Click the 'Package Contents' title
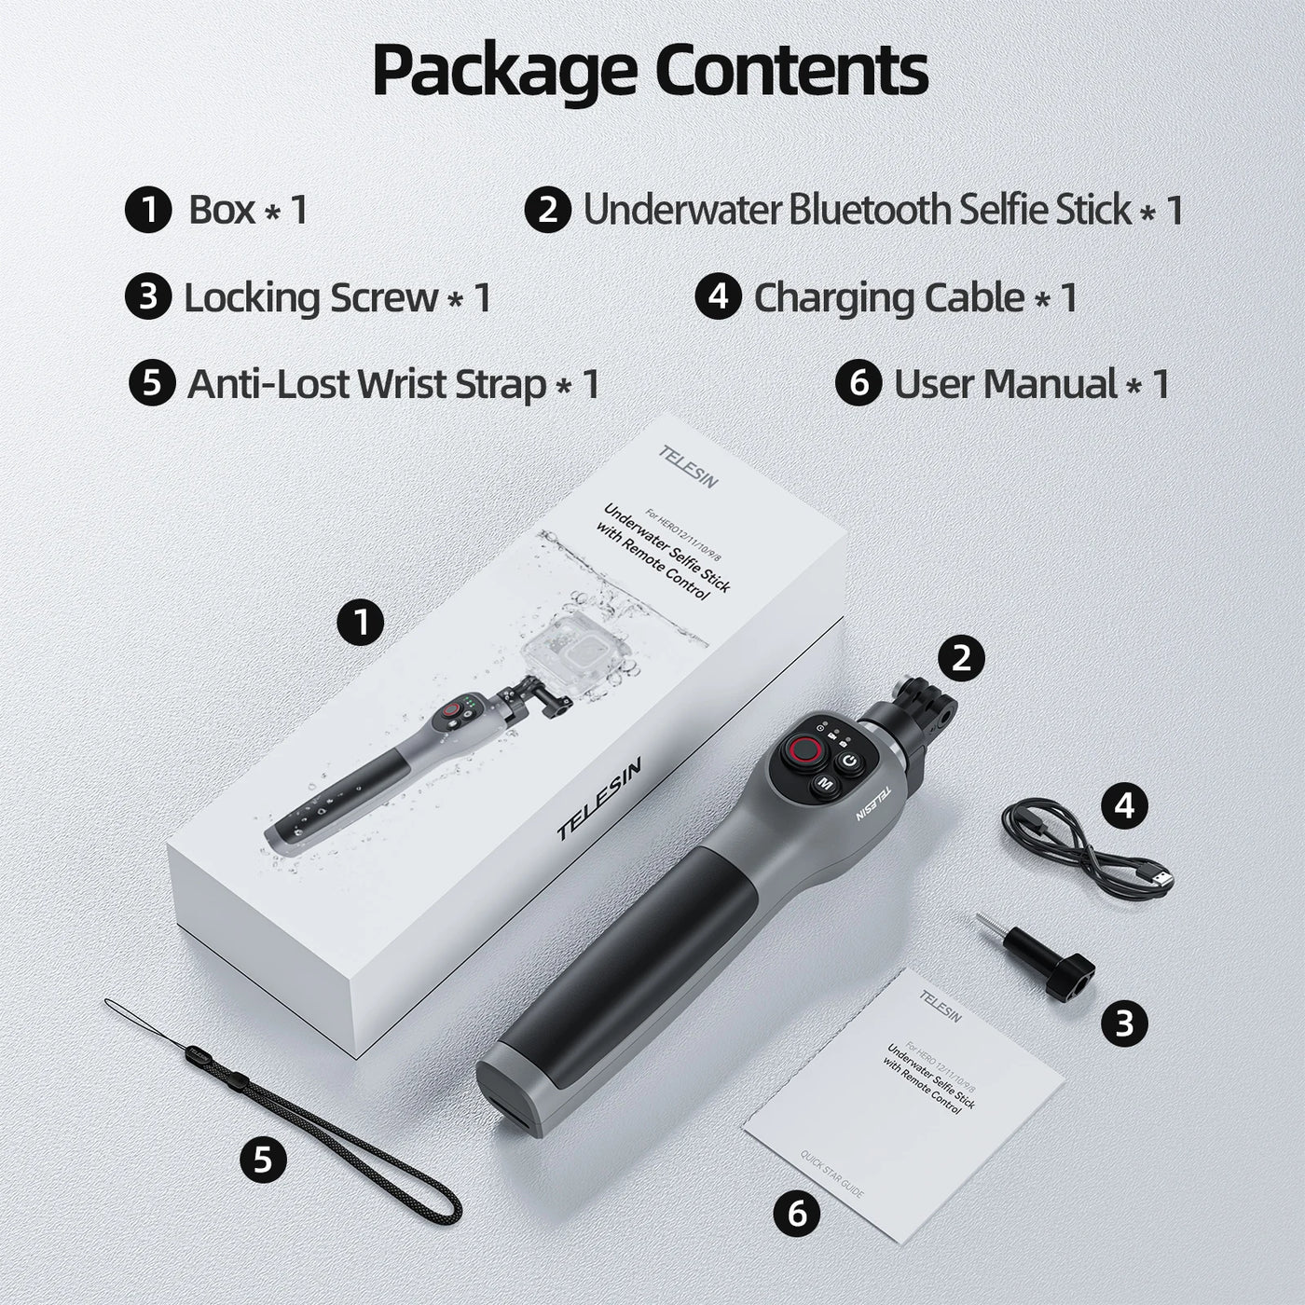[650, 70]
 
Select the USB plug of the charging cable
[1160, 878]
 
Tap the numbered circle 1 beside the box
[361, 622]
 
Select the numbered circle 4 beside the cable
[1126, 804]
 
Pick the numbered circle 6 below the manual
[797, 1214]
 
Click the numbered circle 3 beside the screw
[1125, 1023]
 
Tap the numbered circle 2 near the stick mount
[962, 658]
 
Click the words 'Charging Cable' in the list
[888, 298]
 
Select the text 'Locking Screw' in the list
[310, 298]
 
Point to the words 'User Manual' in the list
[1005, 384]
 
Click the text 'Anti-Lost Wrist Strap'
[366, 384]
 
